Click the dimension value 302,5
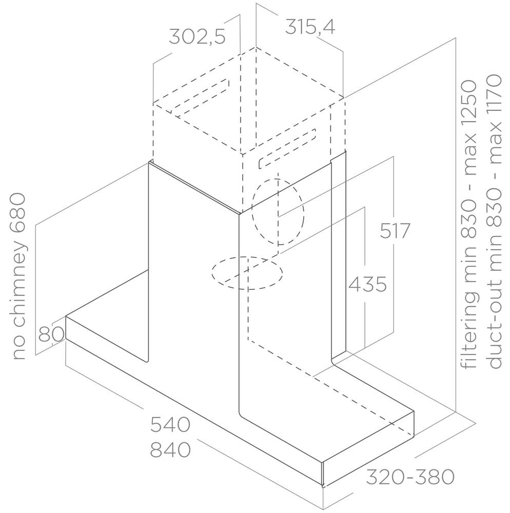197,36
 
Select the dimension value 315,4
310,27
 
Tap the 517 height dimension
395,231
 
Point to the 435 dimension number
367,284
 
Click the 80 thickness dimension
51,334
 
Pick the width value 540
170,424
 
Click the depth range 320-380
410,477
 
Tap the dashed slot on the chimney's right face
287,149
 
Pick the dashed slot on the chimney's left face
200,98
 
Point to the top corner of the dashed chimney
256,47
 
